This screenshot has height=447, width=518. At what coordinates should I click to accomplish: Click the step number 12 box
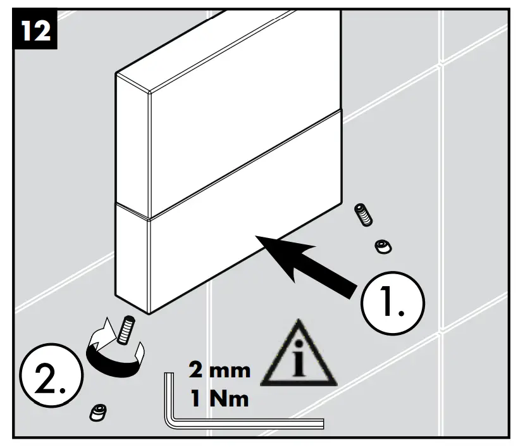tap(36, 30)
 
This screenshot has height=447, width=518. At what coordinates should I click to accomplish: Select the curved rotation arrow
tap(114, 352)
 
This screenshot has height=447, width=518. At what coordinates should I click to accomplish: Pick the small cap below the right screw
tap(381, 246)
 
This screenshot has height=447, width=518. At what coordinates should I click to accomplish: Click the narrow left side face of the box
tap(132, 190)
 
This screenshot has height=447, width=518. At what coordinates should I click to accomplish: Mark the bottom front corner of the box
tap(149, 312)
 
